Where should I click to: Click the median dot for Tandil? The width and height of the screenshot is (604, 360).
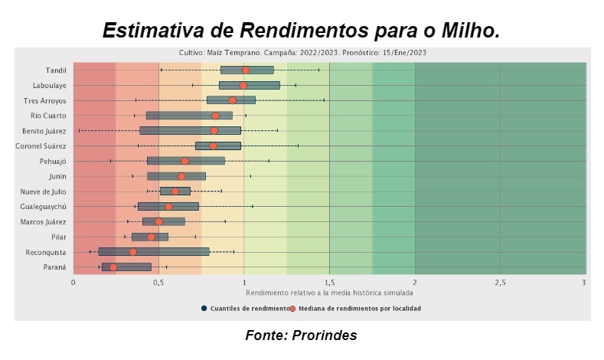245,70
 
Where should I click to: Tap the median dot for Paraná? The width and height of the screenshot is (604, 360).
113,267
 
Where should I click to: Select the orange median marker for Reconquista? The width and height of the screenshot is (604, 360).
132,252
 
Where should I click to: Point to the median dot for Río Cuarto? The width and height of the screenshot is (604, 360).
215,116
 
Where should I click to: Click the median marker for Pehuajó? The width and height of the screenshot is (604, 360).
184,161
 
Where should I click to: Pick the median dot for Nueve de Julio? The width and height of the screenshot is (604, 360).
175,191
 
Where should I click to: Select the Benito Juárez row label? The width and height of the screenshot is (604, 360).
44,131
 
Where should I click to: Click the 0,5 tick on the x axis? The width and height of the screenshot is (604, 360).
158,283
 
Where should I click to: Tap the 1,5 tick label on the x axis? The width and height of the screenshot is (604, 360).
329,283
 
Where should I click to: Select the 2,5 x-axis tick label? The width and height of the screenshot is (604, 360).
500,283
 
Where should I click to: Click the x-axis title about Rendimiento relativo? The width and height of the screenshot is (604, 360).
329,293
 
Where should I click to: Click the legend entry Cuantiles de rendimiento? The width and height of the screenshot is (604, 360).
244,309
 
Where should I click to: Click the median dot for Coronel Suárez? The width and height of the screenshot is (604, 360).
213,146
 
